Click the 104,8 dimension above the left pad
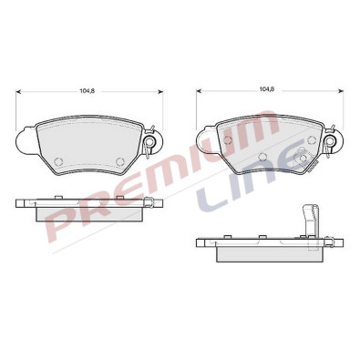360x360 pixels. (87, 90)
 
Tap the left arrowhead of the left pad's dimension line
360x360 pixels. (18, 91)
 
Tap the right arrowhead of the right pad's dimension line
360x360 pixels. (341, 90)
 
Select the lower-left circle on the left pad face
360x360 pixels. (57, 161)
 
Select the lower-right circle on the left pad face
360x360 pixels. (120, 161)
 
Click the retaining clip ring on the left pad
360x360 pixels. (150, 141)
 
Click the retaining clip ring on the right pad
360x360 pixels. (330, 140)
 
